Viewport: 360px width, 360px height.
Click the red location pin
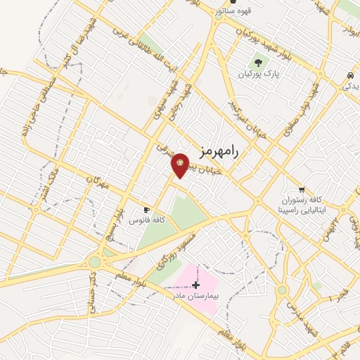coord(180,165)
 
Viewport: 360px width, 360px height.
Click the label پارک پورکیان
coord(256,74)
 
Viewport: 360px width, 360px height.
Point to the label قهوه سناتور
coord(251,11)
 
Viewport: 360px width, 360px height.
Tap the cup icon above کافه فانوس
coord(146,210)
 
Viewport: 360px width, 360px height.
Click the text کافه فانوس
coord(146,220)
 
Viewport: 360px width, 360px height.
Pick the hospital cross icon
coord(195,284)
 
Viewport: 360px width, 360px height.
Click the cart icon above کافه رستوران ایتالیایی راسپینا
coord(302,190)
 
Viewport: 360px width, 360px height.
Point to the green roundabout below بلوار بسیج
coord(94,262)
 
